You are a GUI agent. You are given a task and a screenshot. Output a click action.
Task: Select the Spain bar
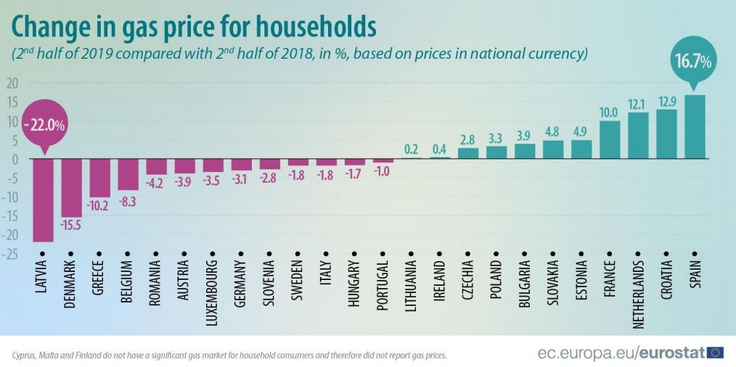tap(695, 126)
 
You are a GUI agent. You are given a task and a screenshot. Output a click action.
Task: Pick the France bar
tap(610, 139)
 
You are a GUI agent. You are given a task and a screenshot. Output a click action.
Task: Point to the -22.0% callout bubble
tap(44, 125)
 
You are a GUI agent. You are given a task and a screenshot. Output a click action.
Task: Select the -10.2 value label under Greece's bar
tap(99, 205)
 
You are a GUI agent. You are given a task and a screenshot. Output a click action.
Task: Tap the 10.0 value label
tap(610, 112)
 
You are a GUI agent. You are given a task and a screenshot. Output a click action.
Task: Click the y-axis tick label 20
tap(12, 83)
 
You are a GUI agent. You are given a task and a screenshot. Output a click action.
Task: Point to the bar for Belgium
tap(128, 174)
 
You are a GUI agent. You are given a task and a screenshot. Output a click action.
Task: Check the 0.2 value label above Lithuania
tap(411, 149)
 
